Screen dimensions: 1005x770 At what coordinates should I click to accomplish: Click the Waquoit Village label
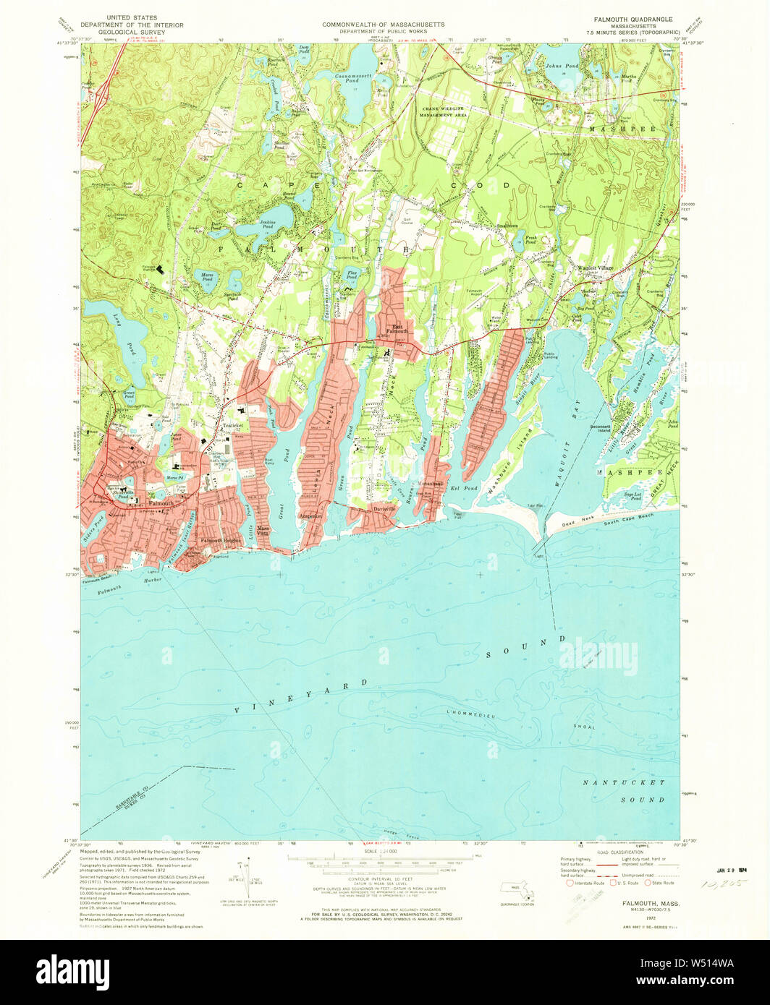tap(594, 268)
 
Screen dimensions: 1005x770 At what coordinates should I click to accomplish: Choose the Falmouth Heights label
tap(221, 541)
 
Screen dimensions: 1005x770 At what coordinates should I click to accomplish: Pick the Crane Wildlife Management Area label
tap(444, 110)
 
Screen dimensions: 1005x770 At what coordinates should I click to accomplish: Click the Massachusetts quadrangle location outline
tap(516, 889)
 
